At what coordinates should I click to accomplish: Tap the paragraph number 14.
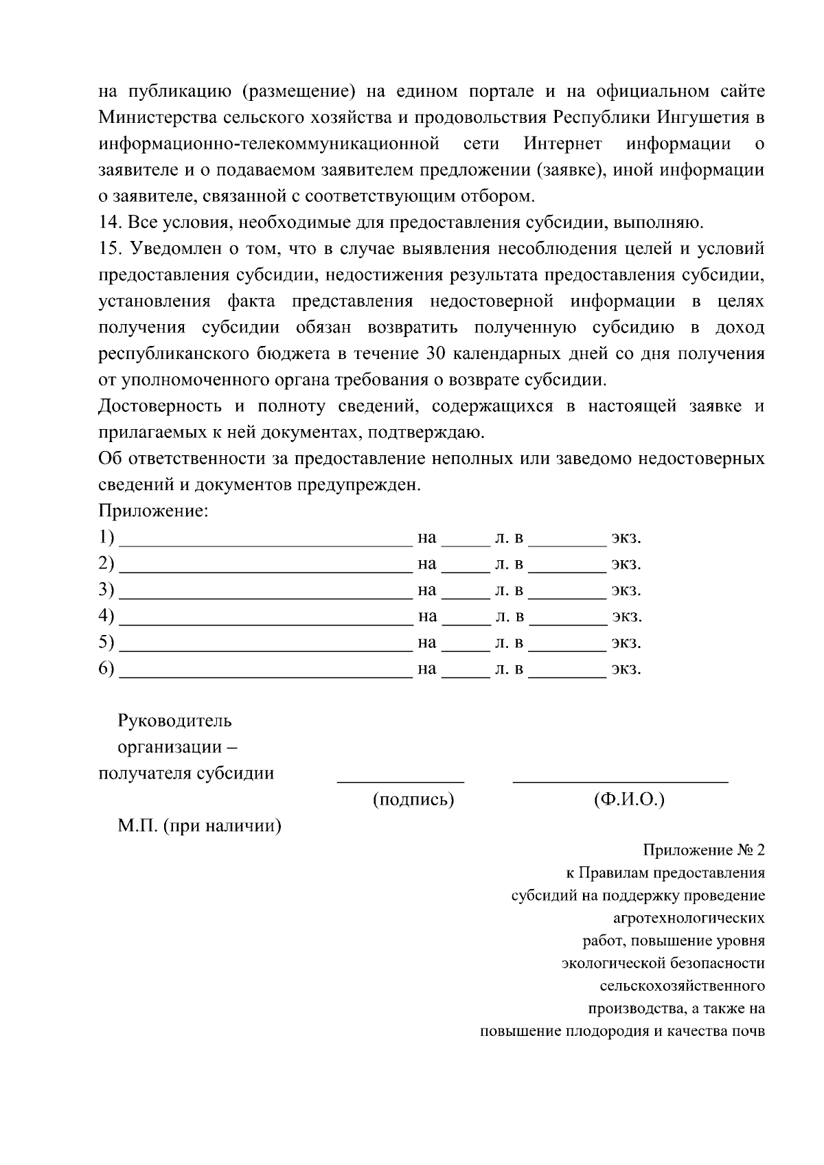pos(110,222)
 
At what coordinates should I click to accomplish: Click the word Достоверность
pos(160,406)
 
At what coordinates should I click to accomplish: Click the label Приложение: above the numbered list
pos(153,511)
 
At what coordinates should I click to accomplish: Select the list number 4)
pos(106,616)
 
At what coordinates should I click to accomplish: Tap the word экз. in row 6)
pos(626,669)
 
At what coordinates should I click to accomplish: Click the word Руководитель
pos(175,721)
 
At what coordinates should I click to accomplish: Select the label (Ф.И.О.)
pos(628,800)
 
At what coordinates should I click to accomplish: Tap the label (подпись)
pos(413,800)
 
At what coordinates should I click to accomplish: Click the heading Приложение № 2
pos(703,851)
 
